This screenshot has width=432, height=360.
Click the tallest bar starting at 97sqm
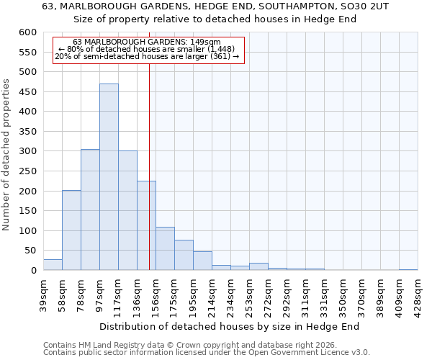click(x=109, y=177)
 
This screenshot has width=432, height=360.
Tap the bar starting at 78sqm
click(x=90, y=210)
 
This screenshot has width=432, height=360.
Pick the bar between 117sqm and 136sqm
click(x=127, y=210)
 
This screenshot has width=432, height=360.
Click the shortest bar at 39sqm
click(x=53, y=265)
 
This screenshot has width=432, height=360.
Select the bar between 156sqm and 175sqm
click(x=165, y=248)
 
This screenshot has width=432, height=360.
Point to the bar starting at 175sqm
click(x=184, y=255)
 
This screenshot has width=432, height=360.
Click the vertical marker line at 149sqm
click(x=149, y=144)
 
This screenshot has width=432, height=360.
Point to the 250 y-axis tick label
click(x=27, y=171)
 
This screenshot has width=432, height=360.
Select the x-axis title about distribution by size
click(x=229, y=326)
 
